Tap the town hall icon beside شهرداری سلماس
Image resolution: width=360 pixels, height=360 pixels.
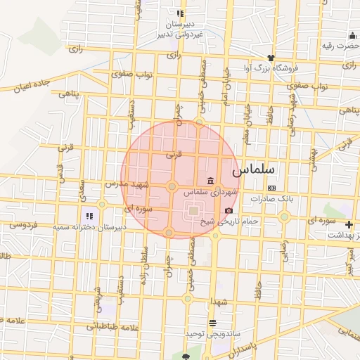coord(211,181)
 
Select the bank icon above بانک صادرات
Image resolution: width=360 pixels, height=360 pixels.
coord(271,188)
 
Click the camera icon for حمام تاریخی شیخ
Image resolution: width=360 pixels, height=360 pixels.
coord(229,210)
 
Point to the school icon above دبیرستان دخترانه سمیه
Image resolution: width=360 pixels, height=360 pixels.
coord(89,216)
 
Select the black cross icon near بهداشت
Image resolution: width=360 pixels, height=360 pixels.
coord(349,224)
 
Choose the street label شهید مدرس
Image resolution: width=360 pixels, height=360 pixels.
coord(127,184)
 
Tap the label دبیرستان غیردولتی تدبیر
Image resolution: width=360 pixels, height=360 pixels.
coord(181,29)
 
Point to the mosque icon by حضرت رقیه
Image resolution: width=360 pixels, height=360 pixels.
coord(353,35)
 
